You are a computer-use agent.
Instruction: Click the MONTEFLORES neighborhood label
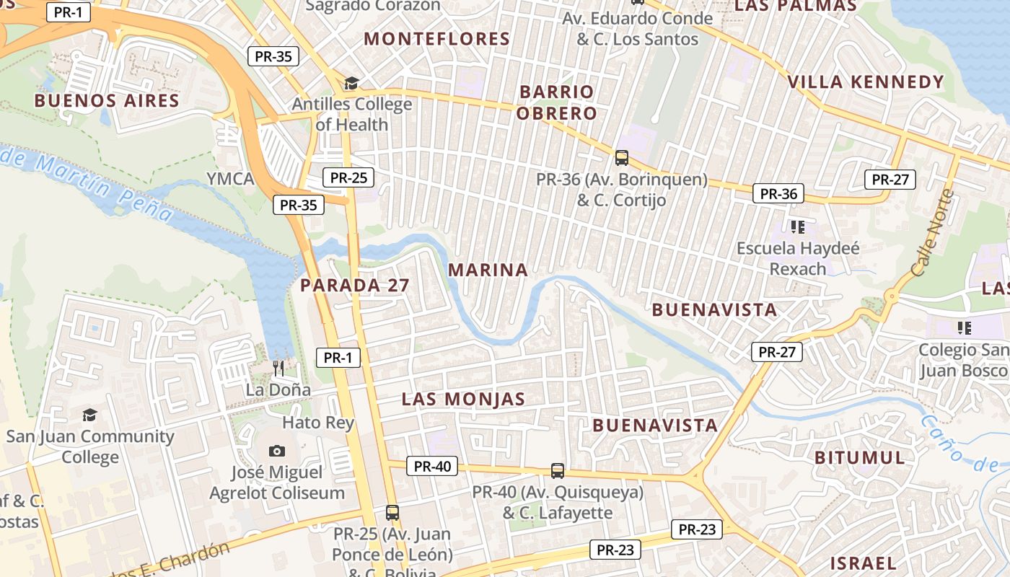click(x=436, y=39)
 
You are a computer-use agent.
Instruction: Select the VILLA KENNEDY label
click(x=866, y=82)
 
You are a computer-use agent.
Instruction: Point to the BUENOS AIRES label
click(x=107, y=100)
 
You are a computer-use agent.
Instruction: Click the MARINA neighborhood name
click(x=488, y=270)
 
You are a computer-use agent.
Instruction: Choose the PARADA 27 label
click(x=355, y=286)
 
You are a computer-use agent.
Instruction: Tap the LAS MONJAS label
click(x=463, y=399)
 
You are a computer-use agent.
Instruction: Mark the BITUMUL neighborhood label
click(x=860, y=458)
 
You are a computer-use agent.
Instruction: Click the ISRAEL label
click(x=863, y=563)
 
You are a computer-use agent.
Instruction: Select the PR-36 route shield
click(x=778, y=193)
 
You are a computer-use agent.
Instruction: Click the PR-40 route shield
click(x=432, y=466)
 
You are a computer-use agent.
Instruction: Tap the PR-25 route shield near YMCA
click(x=348, y=177)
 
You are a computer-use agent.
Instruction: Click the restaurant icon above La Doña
click(x=278, y=369)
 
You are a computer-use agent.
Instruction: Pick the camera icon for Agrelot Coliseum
click(x=276, y=451)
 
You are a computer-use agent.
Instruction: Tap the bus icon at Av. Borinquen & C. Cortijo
click(x=621, y=157)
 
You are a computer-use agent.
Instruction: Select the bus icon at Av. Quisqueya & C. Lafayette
click(x=557, y=471)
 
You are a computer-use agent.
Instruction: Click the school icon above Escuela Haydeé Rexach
click(x=797, y=227)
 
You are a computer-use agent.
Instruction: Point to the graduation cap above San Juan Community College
click(x=89, y=415)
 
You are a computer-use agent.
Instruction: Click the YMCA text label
click(x=230, y=179)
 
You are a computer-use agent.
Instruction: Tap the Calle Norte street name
click(x=933, y=233)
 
